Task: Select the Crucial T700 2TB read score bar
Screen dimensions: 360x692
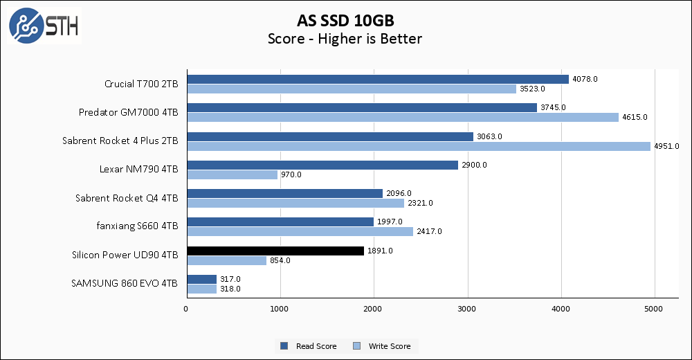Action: click(377, 79)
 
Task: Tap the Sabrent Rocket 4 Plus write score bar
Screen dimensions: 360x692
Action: click(418, 146)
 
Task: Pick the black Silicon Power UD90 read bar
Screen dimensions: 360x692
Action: click(275, 251)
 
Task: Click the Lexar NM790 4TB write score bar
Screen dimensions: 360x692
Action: click(232, 174)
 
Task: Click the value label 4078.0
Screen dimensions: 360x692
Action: click(585, 79)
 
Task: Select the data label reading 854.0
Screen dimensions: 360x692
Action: click(280, 260)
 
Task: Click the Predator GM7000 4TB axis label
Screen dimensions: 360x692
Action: click(129, 113)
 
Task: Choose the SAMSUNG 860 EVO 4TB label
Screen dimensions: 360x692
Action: click(124, 284)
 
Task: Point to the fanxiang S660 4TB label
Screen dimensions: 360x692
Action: click(137, 226)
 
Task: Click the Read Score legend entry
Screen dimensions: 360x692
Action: click(309, 346)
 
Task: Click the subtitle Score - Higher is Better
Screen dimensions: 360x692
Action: click(345, 39)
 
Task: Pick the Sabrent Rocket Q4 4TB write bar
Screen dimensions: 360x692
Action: click(295, 203)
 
